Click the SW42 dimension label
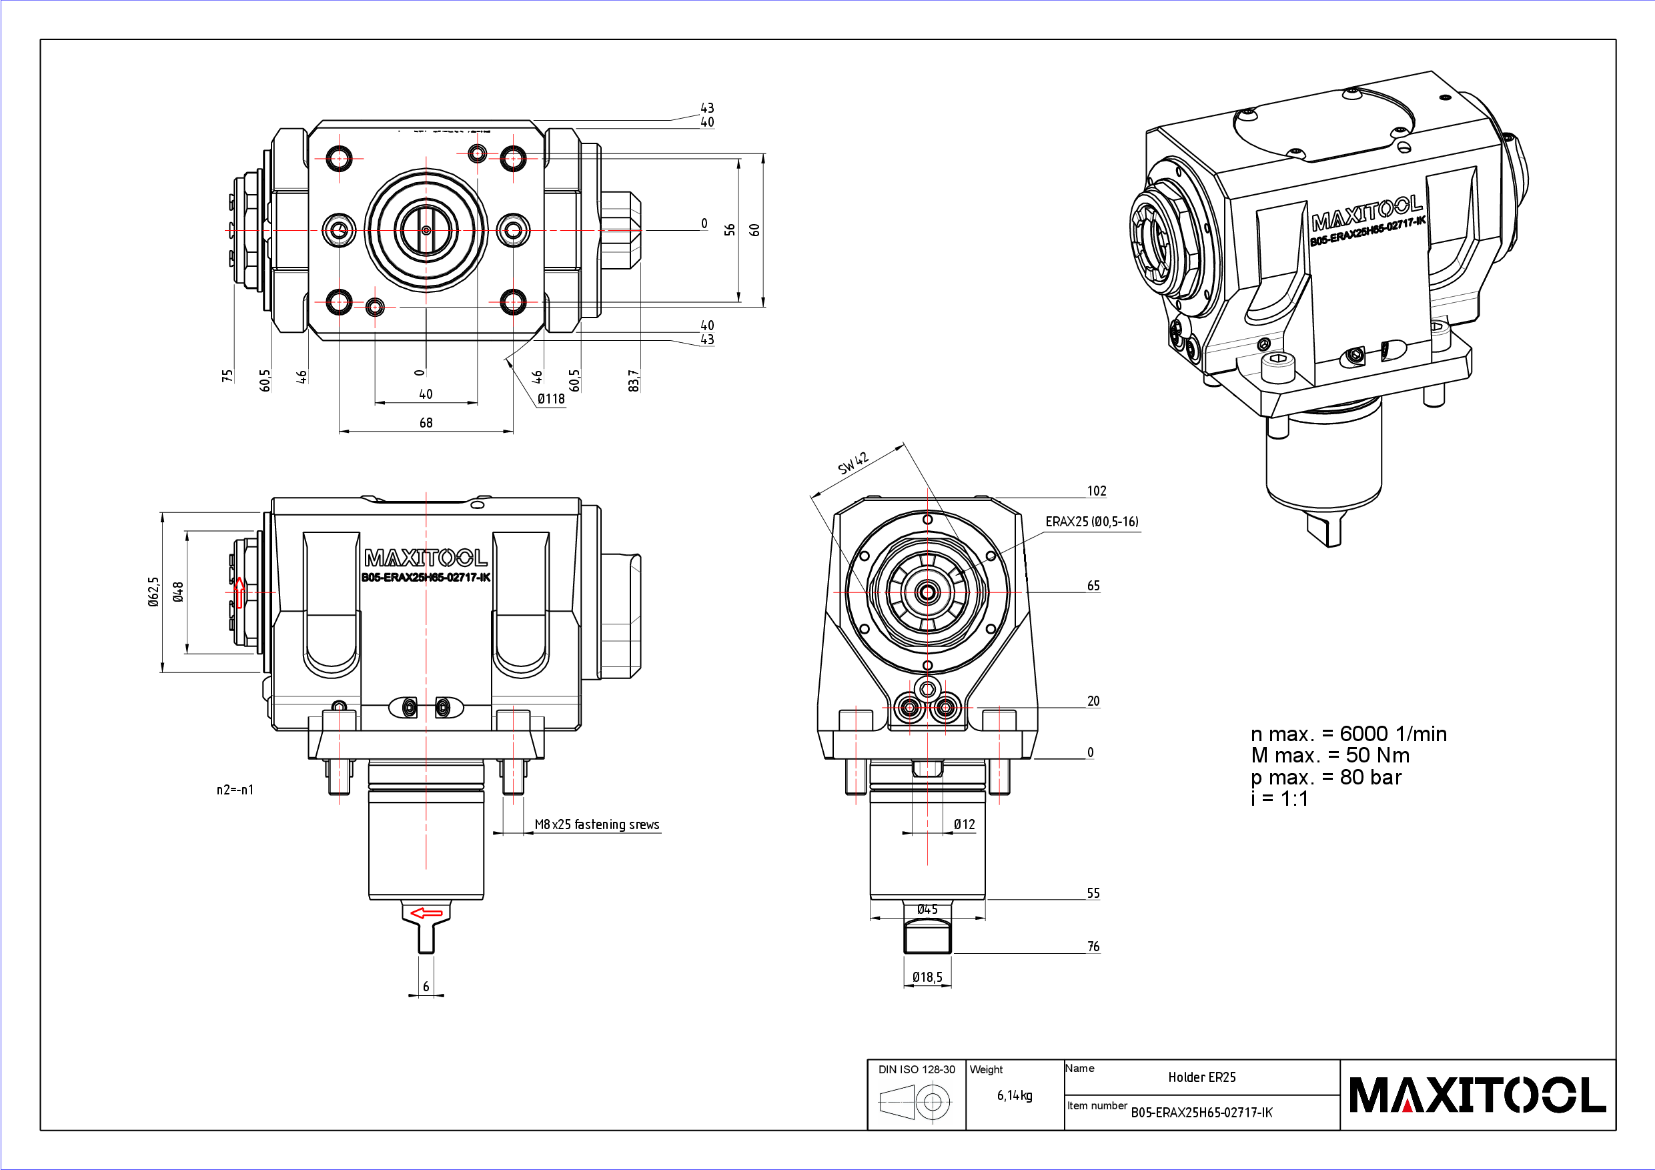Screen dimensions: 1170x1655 tap(853, 463)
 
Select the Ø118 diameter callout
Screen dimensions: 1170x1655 tap(552, 399)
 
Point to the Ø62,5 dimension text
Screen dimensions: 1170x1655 tap(153, 591)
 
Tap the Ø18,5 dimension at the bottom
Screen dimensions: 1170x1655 tap(927, 977)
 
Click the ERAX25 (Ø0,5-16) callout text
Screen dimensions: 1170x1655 tap(1091, 521)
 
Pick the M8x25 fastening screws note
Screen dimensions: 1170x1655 tap(596, 824)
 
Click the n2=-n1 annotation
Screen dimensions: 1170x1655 tap(235, 789)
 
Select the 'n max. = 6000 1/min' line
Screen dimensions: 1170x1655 tap(1348, 734)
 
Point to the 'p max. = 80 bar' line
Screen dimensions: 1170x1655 tap(1325, 777)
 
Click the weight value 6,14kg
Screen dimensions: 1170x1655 tap(1014, 1095)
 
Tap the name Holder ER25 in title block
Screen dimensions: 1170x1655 tap(1201, 1077)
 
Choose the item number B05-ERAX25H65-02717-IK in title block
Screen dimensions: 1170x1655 tap(1201, 1113)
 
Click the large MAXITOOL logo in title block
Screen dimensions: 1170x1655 tap(1477, 1095)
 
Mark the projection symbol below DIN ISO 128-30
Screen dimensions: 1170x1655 tap(915, 1101)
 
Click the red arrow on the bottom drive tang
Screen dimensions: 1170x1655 tap(426, 913)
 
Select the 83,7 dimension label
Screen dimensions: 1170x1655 tap(634, 381)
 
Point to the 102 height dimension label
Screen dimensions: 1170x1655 tap(1097, 491)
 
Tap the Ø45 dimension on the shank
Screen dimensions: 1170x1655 tap(927, 910)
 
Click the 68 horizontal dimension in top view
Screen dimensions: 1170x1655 tap(426, 422)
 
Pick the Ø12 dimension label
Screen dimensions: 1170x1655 tap(964, 824)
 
